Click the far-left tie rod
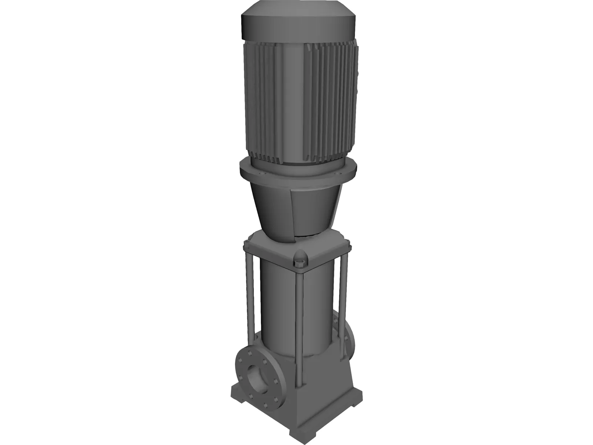pyautogui.click(x=247, y=293)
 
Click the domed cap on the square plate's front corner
pyautogui.click(x=300, y=257)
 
